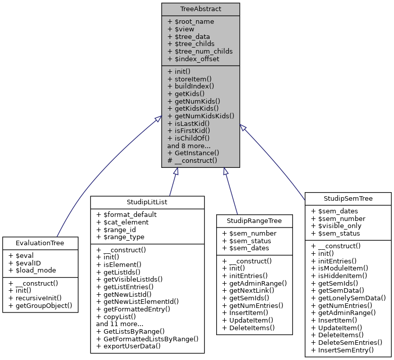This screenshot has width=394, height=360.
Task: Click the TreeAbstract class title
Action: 201,9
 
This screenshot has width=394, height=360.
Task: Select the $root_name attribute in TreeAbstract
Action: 190,21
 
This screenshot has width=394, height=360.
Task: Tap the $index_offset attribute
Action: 193,59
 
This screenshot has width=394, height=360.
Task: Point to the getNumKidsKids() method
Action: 201,115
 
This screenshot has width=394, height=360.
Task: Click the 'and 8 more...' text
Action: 189,145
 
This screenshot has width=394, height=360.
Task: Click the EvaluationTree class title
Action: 40,243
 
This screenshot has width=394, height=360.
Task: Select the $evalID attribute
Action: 25,263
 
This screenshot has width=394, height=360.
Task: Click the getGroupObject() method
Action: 40,305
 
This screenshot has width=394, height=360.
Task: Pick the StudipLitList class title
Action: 147,202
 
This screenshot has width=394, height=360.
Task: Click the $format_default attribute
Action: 126,214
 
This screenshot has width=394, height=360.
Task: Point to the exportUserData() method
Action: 128,346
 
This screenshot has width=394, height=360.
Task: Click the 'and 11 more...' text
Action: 120,324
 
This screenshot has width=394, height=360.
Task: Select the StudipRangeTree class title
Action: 254,221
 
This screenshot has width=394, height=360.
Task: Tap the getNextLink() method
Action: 249,291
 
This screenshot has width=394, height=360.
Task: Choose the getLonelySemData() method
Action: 348,298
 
